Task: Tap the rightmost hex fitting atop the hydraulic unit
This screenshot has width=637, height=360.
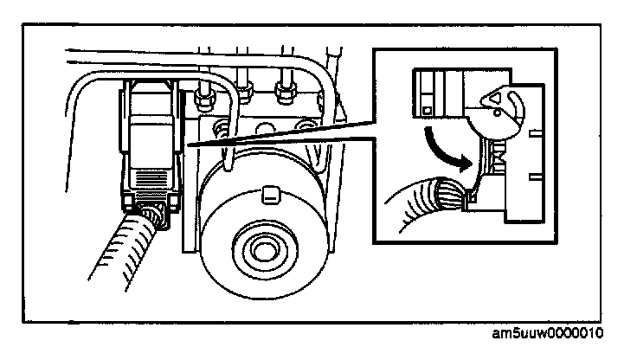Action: tap(282, 88)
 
